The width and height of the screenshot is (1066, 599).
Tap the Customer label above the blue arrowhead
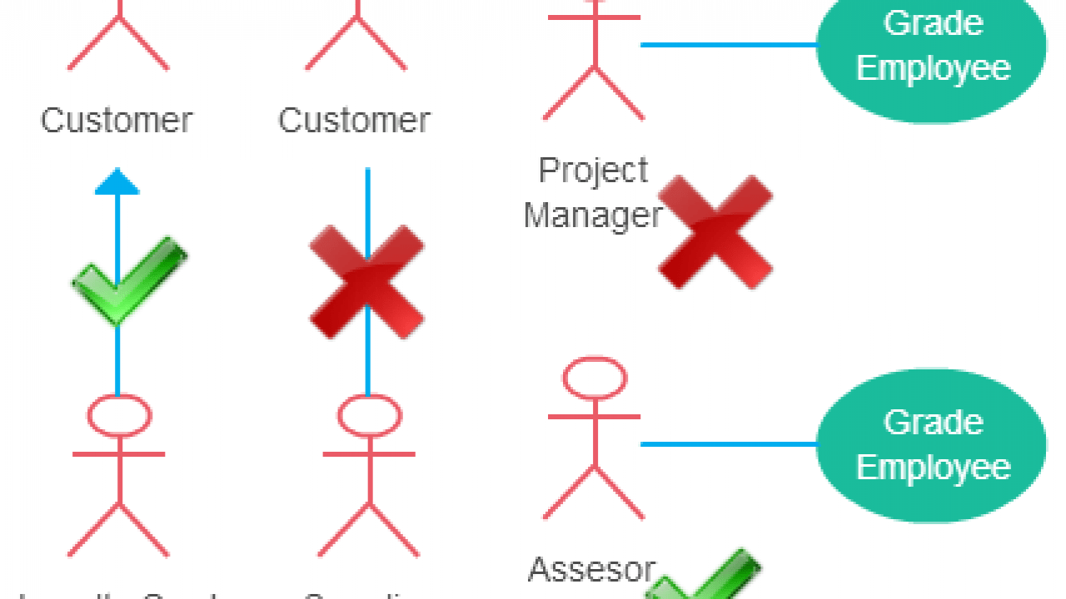pos(117,121)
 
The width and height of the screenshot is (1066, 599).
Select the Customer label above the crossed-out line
pos(354,121)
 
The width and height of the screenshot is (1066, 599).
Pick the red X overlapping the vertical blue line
pos(366,281)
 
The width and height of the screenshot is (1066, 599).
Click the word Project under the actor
pos(593,171)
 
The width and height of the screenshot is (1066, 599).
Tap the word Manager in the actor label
pos(593,215)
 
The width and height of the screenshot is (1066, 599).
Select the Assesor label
pos(592,571)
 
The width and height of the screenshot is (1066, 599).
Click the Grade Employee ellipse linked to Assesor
pos(931,445)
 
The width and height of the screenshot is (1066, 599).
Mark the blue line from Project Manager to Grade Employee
pos(729,45)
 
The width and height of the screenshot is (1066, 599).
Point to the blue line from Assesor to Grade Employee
pos(729,444)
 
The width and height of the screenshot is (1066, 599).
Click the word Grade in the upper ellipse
pos(933,22)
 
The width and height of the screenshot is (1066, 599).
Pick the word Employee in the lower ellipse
pos(933,467)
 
